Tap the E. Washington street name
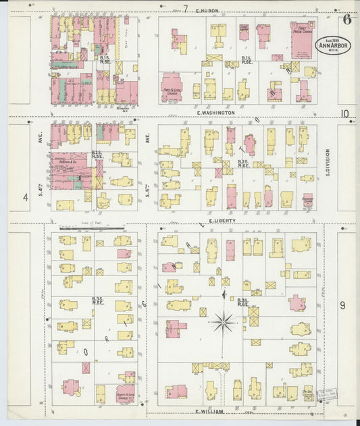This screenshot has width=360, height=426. point(216,113)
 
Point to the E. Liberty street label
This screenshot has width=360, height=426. point(221,221)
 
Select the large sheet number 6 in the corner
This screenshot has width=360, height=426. point(346,19)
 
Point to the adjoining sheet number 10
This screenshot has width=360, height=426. point(346,113)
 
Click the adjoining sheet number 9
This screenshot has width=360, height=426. point(342,306)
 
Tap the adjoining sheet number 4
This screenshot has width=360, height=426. point(26,197)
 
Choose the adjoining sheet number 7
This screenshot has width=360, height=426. point(185,9)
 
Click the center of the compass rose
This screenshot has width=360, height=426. point(223,322)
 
